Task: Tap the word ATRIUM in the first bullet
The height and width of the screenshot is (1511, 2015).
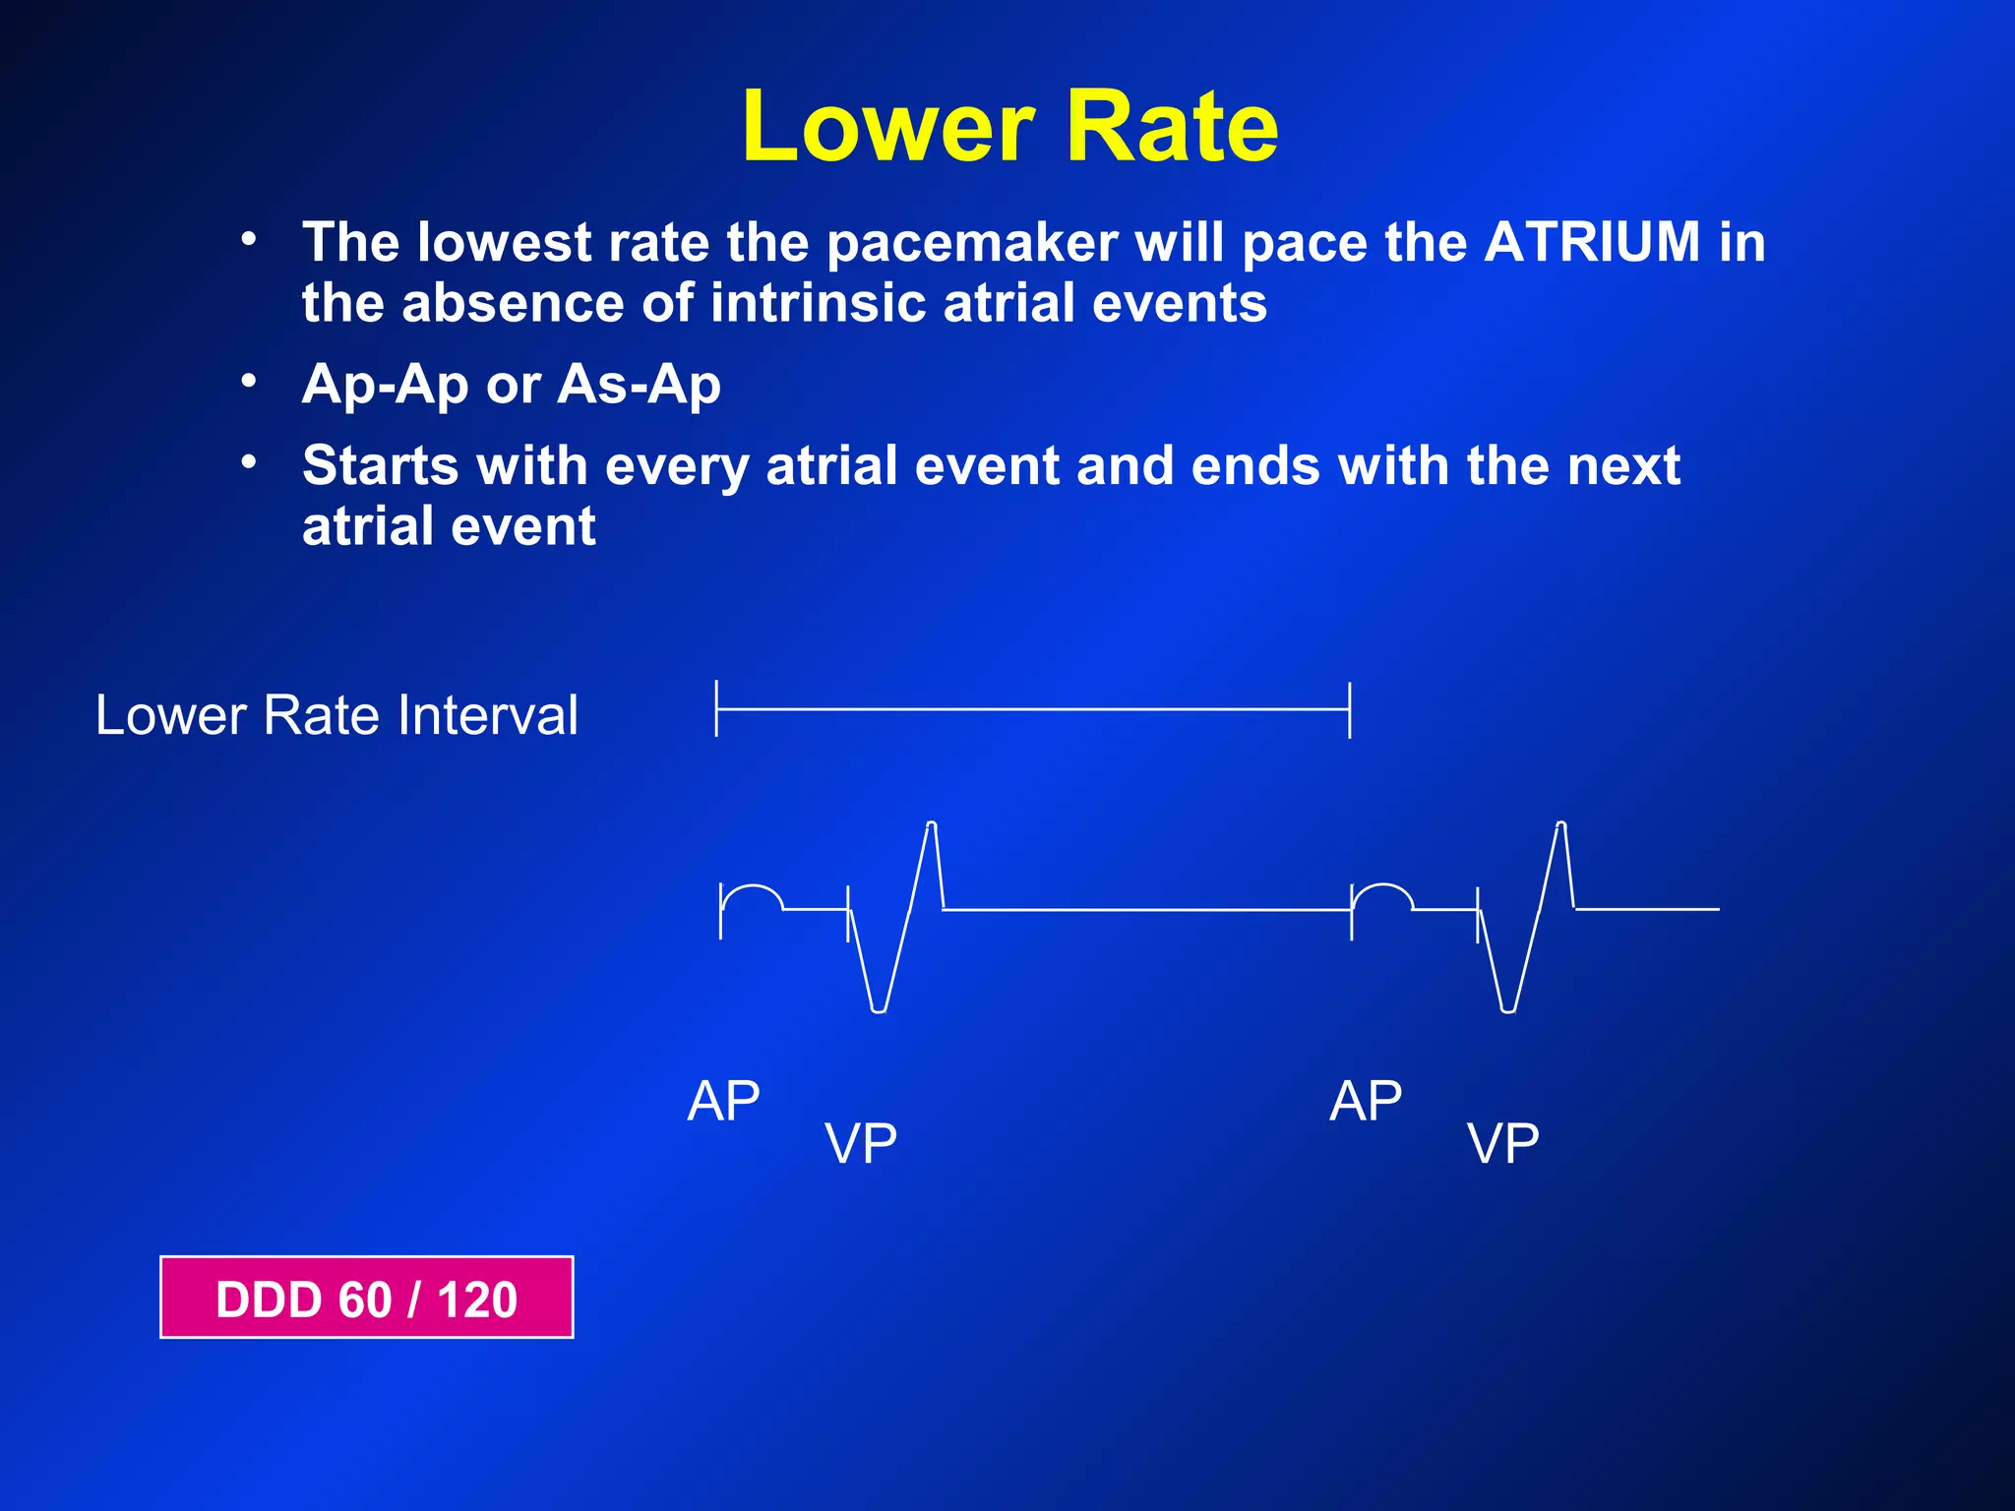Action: click(1592, 242)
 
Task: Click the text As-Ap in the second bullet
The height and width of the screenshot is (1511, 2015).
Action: click(639, 384)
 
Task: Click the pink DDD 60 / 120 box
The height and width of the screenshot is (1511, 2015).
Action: click(366, 1298)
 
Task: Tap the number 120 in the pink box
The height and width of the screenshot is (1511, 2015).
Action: click(477, 1299)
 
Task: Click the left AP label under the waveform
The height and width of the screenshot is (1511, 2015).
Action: click(723, 1101)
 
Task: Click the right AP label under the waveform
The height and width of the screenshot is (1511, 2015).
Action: click(1366, 1101)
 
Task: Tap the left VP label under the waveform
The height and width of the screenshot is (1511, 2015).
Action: click(861, 1143)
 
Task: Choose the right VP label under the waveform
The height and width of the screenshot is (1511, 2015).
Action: click(1502, 1143)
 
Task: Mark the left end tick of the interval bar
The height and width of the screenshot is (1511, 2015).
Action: click(717, 708)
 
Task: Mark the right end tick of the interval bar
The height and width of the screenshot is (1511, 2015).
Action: click(1350, 709)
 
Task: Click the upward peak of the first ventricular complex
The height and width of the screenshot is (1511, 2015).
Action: click(931, 824)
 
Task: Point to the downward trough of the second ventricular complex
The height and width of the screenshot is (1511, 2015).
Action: click(1507, 1009)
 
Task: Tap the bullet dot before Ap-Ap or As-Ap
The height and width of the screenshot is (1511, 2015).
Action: click(250, 381)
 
